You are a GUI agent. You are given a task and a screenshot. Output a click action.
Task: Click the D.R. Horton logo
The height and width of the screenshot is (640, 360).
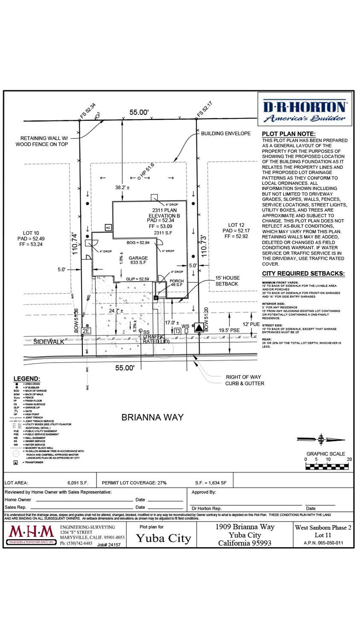coord(305,111)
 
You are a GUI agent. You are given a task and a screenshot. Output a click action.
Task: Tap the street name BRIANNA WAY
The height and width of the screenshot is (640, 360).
coord(152,417)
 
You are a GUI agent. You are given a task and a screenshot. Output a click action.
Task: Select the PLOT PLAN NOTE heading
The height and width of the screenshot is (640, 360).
coord(289,134)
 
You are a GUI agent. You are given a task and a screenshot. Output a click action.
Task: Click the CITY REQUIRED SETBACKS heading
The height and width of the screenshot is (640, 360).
coord(303,273)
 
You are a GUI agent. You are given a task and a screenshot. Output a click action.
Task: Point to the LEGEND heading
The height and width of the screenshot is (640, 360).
coord(26,379)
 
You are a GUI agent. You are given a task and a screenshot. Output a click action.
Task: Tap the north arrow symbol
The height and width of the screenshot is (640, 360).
coord(321,440)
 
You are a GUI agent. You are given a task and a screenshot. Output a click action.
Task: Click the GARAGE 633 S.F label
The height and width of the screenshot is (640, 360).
coord(138,261)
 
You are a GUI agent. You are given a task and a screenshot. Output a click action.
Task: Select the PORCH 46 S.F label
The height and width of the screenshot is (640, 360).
coord(176,283)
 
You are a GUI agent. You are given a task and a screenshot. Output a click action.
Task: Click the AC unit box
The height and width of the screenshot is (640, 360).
coord(108,228)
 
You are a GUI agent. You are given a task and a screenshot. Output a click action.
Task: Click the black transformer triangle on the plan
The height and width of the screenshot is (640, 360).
coord(198,328)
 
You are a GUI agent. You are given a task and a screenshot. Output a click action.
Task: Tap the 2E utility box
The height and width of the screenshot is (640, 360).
coord(86,331)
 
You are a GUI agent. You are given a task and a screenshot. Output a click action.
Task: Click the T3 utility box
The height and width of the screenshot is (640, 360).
coord(178,331)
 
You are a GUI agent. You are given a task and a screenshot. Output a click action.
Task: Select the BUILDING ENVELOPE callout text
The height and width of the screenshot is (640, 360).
coord(225,133)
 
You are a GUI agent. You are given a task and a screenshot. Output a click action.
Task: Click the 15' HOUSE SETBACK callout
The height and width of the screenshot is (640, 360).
coord(227,281)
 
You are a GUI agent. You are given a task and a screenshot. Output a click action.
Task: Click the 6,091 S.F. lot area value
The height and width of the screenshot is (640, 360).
coord(78,483)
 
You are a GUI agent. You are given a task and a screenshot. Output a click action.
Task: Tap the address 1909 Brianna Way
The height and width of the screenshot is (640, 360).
coord(245,527)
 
